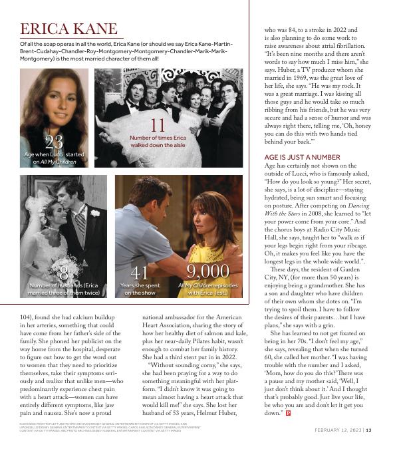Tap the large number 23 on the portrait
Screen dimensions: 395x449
click(x=54, y=142)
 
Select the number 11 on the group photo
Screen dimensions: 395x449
click(x=158, y=125)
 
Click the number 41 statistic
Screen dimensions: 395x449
click(x=140, y=272)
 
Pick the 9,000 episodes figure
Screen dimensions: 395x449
click(x=207, y=271)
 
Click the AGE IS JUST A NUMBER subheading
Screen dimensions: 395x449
click(x=302, y=157)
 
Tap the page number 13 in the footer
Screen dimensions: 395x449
click(x=368, y=429)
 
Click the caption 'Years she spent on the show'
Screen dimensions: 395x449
click(x=140, y=289)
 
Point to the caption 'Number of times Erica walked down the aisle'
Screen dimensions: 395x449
click(x=158, y=141)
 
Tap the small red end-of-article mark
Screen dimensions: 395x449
click(x=288, y=413)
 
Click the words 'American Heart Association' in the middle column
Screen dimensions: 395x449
click(x=186, y=321)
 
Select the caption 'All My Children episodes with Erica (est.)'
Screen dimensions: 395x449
click(x=207, y=289)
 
